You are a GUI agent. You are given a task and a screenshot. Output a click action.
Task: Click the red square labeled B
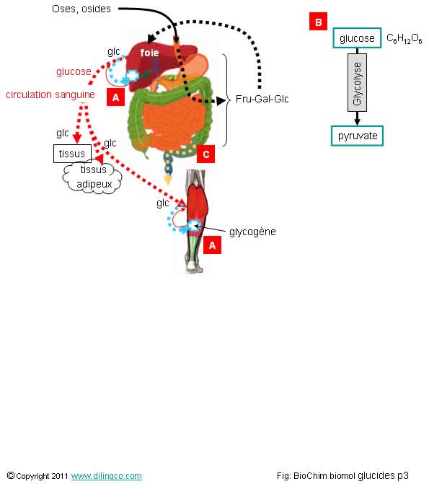318,22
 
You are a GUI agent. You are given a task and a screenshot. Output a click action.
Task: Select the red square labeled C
206,154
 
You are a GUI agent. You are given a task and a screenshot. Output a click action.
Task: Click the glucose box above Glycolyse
357,38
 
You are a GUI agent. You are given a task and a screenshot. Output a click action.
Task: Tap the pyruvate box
357,136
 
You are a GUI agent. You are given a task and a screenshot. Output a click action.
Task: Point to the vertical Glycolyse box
357,82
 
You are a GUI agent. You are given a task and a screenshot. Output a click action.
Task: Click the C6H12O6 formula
404,39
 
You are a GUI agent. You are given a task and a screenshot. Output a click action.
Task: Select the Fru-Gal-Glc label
262,99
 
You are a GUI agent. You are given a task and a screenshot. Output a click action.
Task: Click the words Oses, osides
81,9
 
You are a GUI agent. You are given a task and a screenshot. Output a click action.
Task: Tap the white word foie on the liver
149,53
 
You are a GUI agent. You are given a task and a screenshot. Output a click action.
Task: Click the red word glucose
74,71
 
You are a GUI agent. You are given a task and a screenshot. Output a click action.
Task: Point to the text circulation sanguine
50,94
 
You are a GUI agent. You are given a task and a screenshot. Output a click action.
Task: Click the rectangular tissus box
73,154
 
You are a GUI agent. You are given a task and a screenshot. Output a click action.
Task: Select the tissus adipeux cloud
92,177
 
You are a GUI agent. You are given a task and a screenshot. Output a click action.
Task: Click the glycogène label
252,232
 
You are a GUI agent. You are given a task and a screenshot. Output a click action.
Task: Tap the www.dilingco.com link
107,476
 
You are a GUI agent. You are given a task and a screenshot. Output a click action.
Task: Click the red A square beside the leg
213,245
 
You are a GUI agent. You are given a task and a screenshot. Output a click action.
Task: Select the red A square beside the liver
116,97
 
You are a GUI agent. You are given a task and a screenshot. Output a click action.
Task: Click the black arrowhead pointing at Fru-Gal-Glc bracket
221,101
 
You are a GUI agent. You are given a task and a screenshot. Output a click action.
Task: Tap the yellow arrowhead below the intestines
167,179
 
